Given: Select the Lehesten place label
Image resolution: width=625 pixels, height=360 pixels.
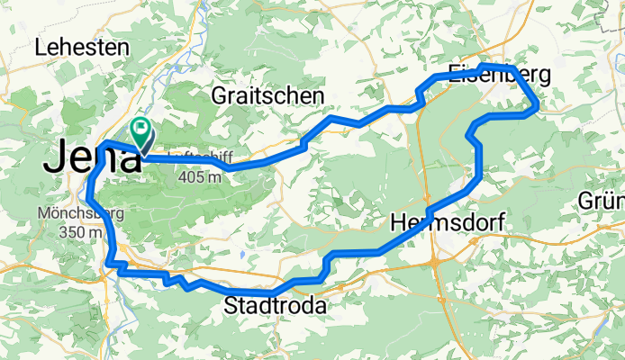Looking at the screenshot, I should [x=81, y=49].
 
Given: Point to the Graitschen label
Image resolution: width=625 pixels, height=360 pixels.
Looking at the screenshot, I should [x=267, y=95].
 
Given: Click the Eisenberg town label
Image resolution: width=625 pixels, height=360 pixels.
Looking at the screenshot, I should [x=488, y=76].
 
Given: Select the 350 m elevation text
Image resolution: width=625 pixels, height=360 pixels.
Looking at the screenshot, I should [x=73, y=233].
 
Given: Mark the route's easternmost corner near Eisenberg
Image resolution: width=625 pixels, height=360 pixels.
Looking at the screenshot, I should [x=538, y=106].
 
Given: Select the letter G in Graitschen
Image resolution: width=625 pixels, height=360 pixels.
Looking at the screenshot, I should [x=219, y=95].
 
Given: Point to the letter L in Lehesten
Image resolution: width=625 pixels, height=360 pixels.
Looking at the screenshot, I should [x=41, y=49].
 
